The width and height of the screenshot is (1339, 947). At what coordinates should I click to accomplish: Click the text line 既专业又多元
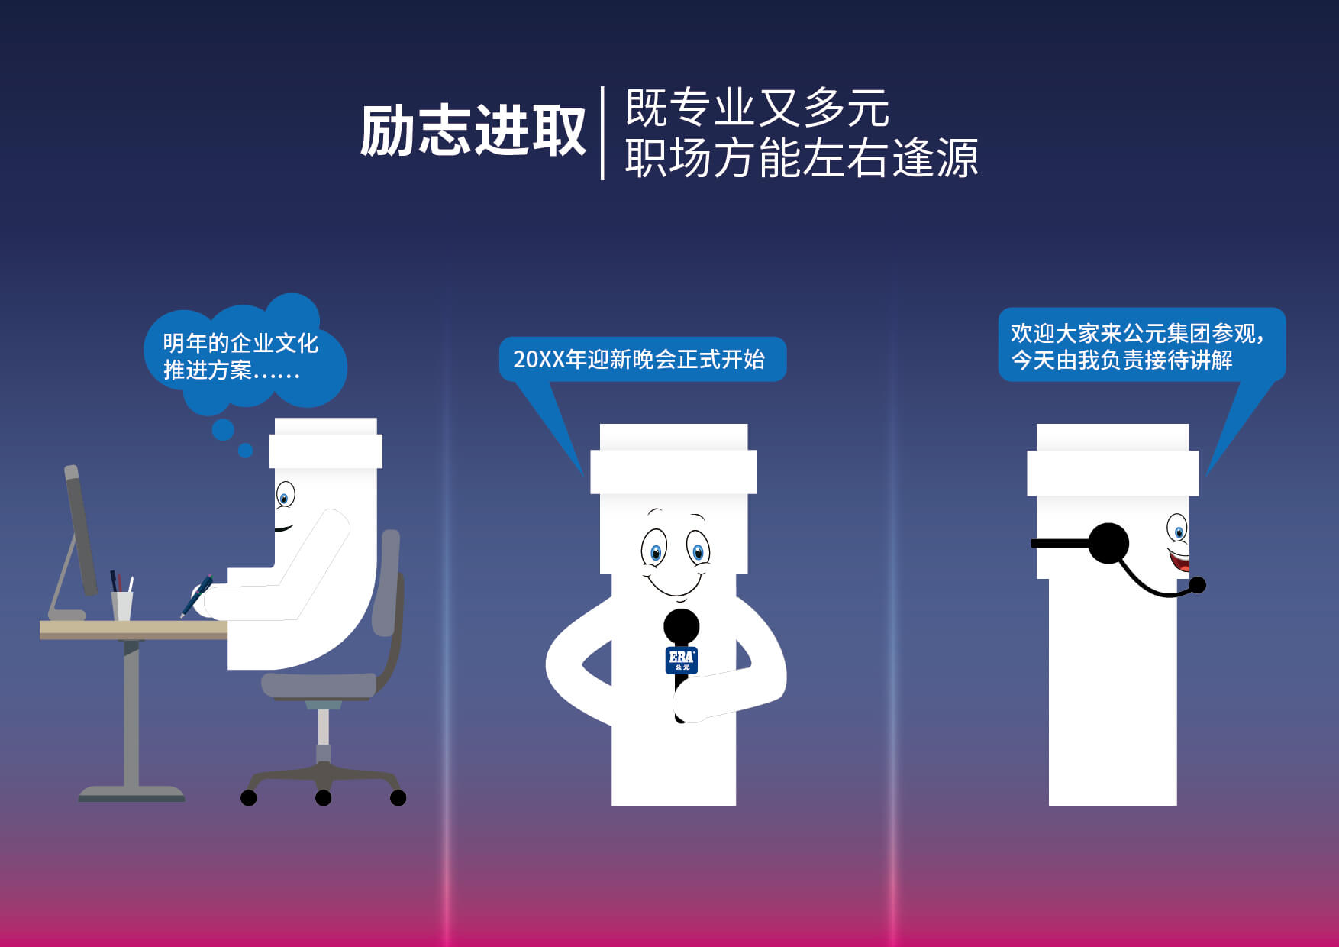pos(757,108)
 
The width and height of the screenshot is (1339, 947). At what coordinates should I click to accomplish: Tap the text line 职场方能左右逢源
pos(801,158)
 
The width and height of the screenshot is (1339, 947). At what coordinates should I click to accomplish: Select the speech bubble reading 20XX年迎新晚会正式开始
pos(641,359)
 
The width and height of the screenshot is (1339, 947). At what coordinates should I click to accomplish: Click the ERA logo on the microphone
pos(681,659)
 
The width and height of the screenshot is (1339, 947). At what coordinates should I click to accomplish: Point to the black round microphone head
pos(681,626)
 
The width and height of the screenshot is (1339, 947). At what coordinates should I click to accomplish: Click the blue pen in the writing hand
pos(197,595)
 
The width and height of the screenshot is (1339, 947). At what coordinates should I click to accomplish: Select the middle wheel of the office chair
pos(323,798)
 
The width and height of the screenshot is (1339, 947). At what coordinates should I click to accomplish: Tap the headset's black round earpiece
pos(1108,543)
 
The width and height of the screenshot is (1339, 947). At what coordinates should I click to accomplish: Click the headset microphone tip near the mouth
pos(1198,585)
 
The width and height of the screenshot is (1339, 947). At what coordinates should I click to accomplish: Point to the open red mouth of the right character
pos(1180,563)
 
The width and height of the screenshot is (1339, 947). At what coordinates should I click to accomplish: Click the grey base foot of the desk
pos(131,793)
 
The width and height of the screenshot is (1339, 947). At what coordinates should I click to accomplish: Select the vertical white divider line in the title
pos(602,133)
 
